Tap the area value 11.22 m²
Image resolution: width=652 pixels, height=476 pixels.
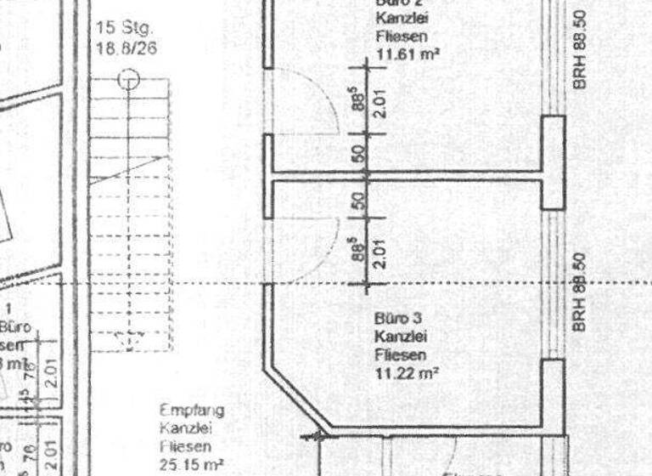(x=406, y=372)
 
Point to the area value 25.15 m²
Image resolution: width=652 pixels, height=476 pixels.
(x=192, y=464)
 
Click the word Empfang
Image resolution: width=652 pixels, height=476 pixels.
(x=192, y=411)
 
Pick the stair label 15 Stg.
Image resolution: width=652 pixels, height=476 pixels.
(x=118, y=28)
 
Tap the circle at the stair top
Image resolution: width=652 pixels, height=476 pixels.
(x=128, y=80)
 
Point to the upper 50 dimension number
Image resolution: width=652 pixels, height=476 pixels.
(x=358, y=154)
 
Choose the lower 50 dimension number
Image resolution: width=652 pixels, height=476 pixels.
(x=358, y=201)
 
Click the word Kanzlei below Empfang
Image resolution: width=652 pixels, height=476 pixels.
(x=190, y=428)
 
